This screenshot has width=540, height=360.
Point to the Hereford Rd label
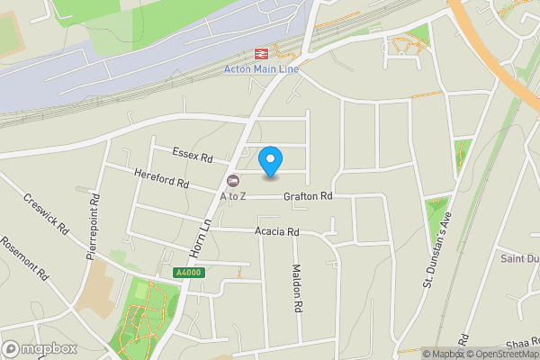pos(162,178)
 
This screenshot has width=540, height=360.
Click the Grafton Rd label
pos(308,196)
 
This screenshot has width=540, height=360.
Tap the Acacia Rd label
pos(276,231)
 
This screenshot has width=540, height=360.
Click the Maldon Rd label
pos(296,288)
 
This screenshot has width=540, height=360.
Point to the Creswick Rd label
pos(47,213)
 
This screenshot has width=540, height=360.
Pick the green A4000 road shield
pos(185,273)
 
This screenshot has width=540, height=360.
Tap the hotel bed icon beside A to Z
pos(233,180)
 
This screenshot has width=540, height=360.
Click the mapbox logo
pos(38,348)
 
